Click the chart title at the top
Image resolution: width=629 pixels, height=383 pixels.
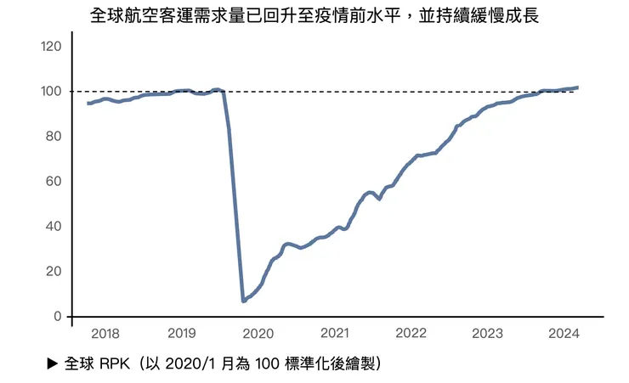[314, 16]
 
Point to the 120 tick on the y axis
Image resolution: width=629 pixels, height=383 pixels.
[51, 46]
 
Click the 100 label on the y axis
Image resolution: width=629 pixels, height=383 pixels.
[51, 91]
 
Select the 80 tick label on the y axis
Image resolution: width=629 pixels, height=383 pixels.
[54, 136]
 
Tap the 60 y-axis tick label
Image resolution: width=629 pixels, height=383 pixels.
[54, 181]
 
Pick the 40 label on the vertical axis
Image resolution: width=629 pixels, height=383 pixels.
[54, 226]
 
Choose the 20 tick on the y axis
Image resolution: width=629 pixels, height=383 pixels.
[54, 271]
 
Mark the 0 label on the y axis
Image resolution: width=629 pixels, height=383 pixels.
[57, 316]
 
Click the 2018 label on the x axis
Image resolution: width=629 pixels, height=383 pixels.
[105, 333]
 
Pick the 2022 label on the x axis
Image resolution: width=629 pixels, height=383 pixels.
[411, 333]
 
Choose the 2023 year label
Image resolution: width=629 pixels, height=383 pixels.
[487, 333]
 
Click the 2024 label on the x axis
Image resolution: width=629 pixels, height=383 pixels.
[564, 333]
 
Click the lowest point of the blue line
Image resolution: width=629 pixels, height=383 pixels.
[244, 301]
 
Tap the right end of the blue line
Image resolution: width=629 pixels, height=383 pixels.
[578, 87]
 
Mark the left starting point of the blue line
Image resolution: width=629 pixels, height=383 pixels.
[88, 103]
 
